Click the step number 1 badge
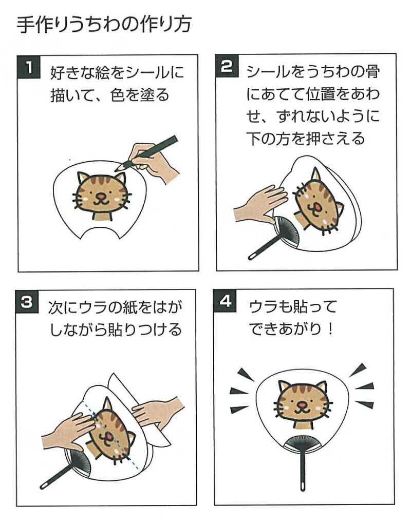[29, 67]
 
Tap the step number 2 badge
[227, 66]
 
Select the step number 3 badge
[27, 302]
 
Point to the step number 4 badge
[225, 301]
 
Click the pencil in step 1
[146, 153]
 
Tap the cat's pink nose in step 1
[100, 196]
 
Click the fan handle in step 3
[57, 475]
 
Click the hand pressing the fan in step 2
[260, 204]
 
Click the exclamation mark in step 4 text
[330, 329]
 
